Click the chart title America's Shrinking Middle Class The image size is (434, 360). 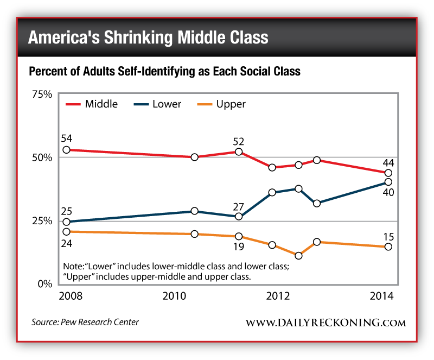[x=148, y=37]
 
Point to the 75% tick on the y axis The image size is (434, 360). [x=41, y=94]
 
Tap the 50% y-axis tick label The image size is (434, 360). [x=41, y=157]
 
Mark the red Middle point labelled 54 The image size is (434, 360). [x=66, y=150]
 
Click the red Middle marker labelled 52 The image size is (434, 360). [x=238, y=151]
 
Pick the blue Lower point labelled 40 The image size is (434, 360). [x=388, y=182]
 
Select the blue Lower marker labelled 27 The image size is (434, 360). [x=238, y=217]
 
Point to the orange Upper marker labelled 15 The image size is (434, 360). [x=388, y=247]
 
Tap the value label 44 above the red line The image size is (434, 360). [x=388, y=162]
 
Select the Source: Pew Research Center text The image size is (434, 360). [x=84, y=322]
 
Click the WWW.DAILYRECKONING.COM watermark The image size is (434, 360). [x=325, y=323]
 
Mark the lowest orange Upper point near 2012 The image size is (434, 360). [x=298, y=255]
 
